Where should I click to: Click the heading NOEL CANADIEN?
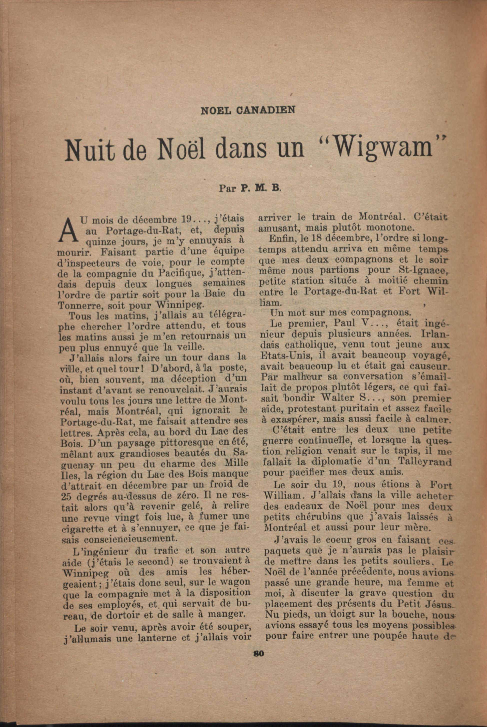coord(248,110)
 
